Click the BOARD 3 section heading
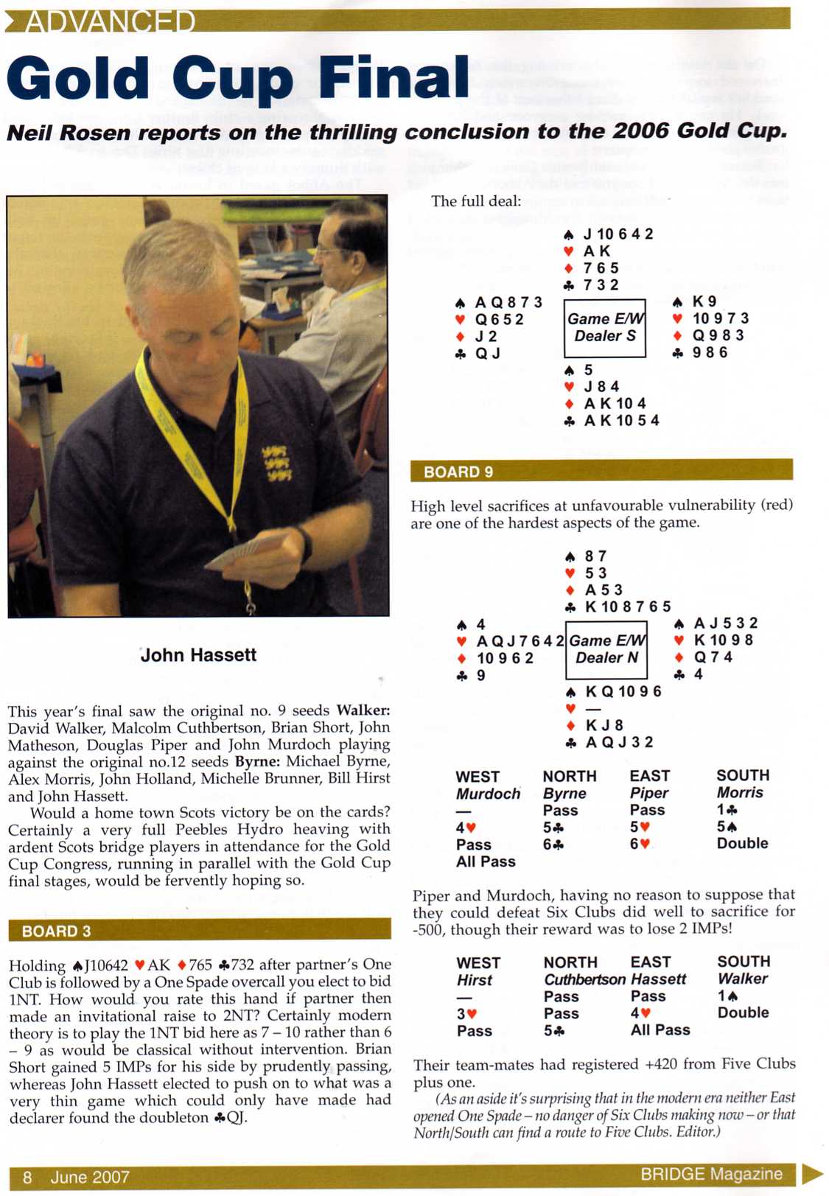(56, 931)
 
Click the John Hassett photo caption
(198, 654)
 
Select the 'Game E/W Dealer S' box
(605, 328)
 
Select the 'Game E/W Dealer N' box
(606, 649)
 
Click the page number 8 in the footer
(27, 1177)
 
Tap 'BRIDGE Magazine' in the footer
(711, 1174)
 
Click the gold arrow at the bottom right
(811, 1173)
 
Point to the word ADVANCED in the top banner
(111, 22)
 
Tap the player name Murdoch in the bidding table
(488, 794)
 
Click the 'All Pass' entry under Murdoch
(486, 861)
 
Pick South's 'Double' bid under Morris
(742, 843)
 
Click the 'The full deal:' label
(476, 201)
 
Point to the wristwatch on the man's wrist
(304, 544)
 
